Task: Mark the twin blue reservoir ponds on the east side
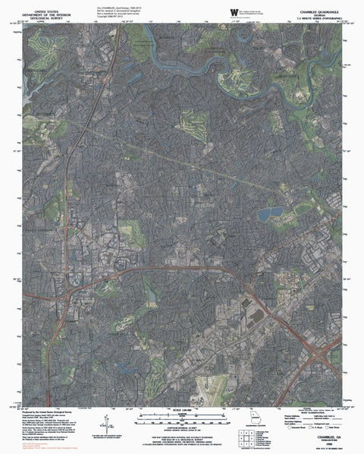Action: pyautogui.click(x=269, y=213)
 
